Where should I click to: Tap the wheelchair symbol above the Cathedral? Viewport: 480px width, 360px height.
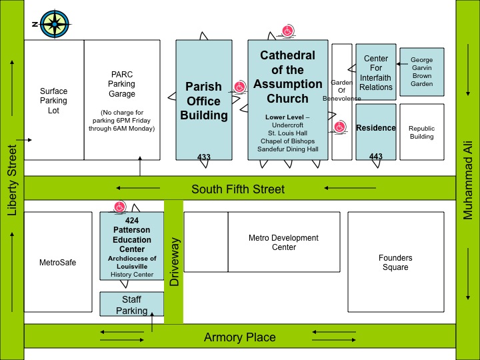[x=287, y=31]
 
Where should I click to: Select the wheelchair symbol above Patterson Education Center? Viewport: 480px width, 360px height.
[x=119, y=207]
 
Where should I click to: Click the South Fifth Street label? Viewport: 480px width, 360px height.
[x=238, y=189]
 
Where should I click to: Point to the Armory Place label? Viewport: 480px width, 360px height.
[x=239, y=337]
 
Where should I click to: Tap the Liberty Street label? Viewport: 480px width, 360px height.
[x=12, y=180]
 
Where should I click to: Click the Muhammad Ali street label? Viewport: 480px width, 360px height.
[x=468, y=180]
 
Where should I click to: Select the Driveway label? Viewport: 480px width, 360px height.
[x=174, y=261]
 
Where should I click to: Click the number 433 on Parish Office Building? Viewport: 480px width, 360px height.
[x=204, y=157]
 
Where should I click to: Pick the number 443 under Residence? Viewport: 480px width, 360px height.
[x=376, y=157]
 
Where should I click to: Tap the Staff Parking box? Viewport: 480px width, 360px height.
[x=131, y=305]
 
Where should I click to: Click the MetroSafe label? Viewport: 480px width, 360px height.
[x=58, y=263]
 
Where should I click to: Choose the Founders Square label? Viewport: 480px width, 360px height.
[x=395, y=263]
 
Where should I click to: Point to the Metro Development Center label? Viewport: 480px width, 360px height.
[x=283, y=243]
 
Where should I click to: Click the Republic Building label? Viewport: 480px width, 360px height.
[x=421, y=133]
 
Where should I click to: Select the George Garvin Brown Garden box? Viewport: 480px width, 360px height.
[x=421, y=72]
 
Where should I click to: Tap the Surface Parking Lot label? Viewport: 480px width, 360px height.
[x=53, y=101]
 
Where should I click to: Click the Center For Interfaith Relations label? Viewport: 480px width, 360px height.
[x=376, y=73]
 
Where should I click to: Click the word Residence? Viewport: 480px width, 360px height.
[x=376, y=128]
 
